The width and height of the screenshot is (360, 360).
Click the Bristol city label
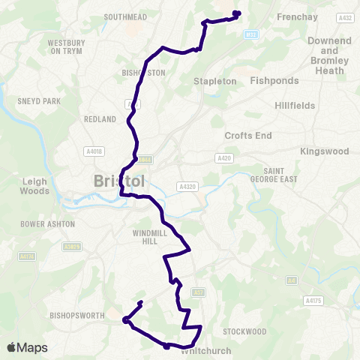(120, 182)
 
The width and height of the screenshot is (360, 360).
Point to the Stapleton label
(214, 80)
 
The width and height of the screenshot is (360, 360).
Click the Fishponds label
(274, 79)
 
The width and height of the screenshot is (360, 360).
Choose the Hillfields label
(295, 106)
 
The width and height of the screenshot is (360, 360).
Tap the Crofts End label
(247, 135)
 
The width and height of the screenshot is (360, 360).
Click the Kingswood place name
(325, 151)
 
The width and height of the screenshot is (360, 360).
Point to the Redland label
(100, 119)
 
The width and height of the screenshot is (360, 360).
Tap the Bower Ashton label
(48, 223)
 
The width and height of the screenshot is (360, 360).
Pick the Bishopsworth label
(74, 316)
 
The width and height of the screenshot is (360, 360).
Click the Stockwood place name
(244, 331)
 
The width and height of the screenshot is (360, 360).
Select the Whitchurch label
(201, 350)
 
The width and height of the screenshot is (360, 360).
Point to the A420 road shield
(224, 158)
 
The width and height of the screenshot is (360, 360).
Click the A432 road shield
(346, 16)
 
